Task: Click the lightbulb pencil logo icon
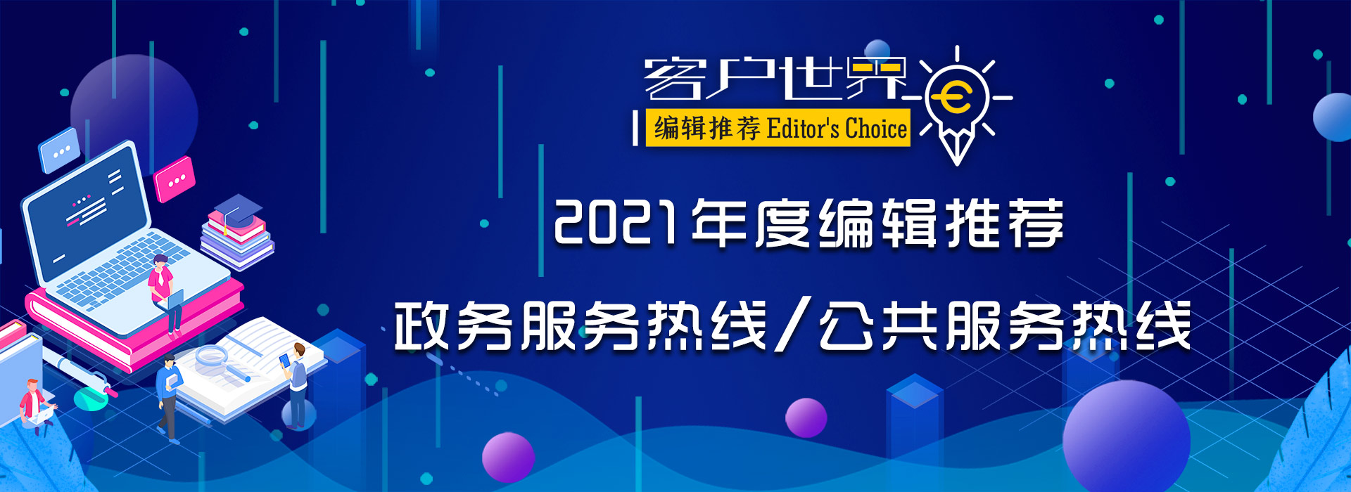957,105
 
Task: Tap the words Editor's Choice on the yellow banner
837,129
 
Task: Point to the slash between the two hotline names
794,325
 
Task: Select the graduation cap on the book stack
238,209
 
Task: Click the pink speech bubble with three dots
175,179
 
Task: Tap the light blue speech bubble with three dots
60,150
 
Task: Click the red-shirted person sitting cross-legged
35,406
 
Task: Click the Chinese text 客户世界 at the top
774,79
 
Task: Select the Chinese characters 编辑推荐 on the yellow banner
707,129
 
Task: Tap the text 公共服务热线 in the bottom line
1005,325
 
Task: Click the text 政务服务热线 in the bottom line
581,325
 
